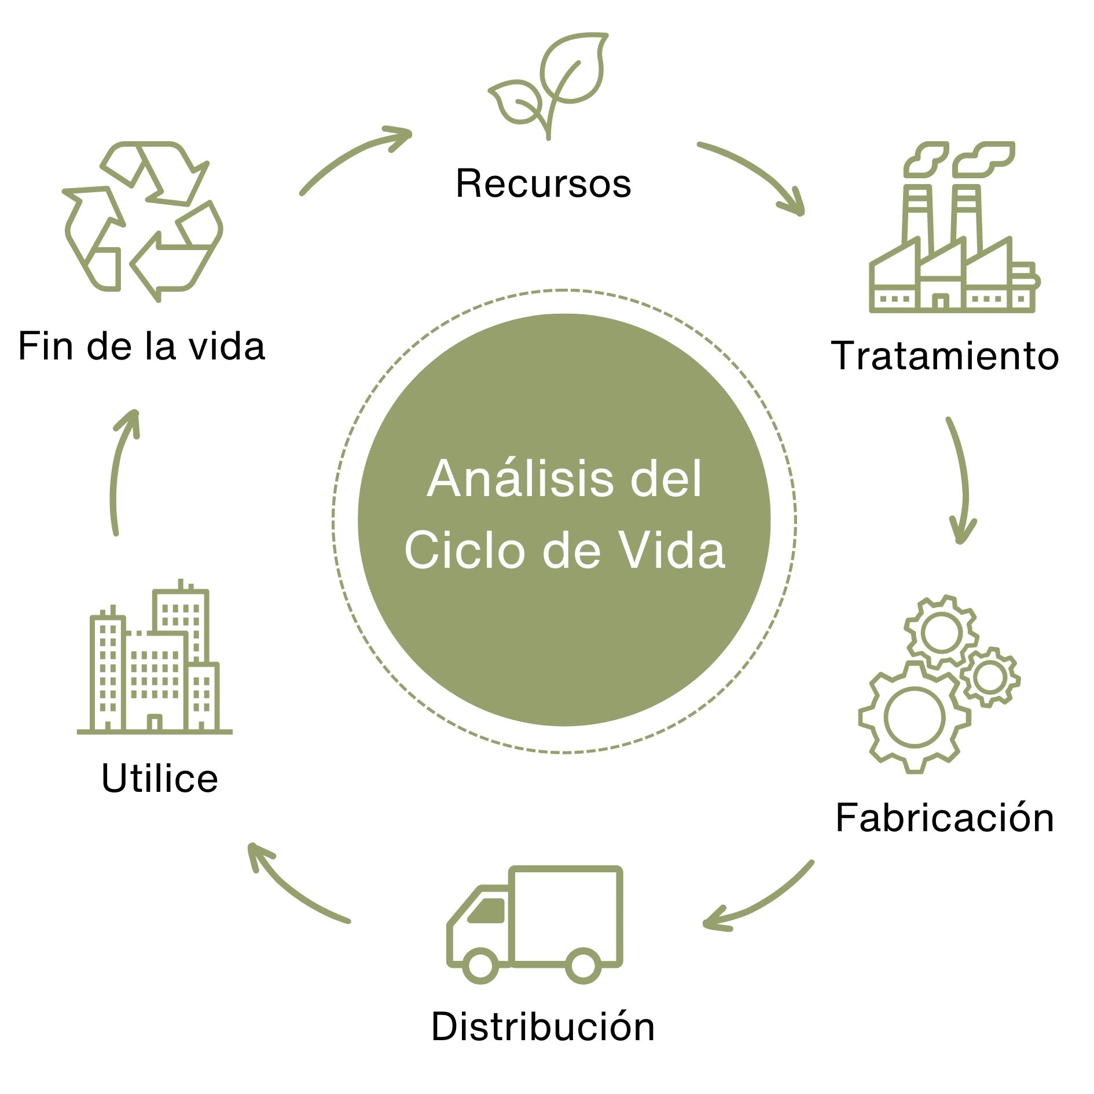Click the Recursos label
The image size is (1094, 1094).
(x=543, y=184)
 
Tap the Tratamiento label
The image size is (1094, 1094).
(x=945, y=355)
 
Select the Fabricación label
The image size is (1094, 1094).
(x=945, y=818)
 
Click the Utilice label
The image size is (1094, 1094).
(x=160, y=778)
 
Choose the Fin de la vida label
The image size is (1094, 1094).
(x=142, y=347)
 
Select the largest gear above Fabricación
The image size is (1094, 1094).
(x=915, y=718)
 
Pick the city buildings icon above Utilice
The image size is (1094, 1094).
(x=155, y=660)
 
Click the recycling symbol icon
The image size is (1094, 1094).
(x=142, y=220)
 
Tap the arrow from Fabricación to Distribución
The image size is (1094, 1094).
(x=764, y=900)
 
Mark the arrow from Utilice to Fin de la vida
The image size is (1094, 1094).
(x=119, y=469)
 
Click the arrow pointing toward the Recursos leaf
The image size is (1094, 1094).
(x=353, y=156)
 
